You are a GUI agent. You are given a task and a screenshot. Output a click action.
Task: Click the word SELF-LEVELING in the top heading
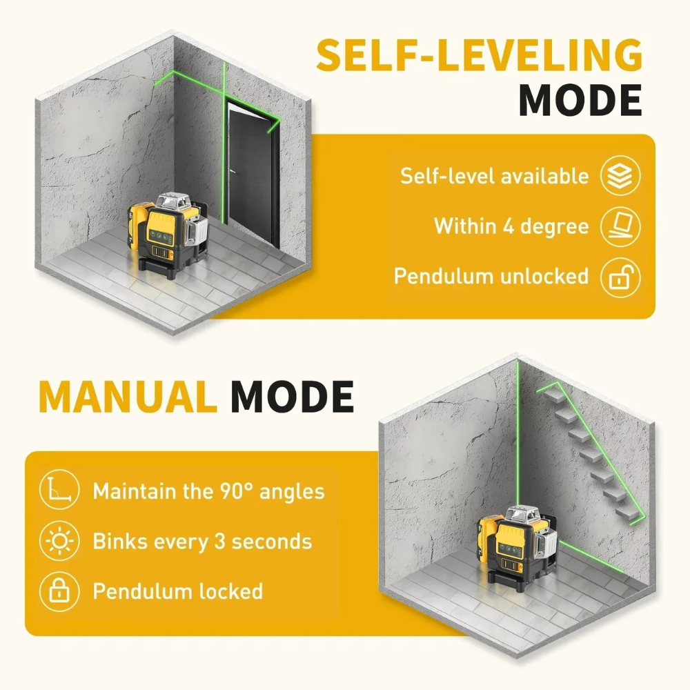tap(480, 55)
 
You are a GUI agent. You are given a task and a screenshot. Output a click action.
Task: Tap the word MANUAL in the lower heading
tap(127, 396)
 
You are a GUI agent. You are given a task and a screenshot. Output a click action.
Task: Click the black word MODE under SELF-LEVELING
tap(580, 99)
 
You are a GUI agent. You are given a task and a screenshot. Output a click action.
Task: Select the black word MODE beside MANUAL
tap(293, 396)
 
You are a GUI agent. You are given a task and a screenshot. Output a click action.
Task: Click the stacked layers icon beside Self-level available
tap(620, 175)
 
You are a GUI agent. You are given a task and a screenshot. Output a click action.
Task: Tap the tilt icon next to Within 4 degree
tap(620, 226)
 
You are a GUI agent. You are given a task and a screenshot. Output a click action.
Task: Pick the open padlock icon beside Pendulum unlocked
tap(620, 277)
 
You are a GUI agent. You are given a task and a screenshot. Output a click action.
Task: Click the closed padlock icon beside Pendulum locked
tap(59, 591)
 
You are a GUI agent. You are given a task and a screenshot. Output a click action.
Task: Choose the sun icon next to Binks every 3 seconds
tap(59, 541)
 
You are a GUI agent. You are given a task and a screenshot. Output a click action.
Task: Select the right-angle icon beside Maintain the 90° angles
tap(59, 490)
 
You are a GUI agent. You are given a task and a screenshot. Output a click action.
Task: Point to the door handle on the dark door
tap(233, 172)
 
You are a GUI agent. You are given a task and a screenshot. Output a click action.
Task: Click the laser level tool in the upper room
tap(168, 234)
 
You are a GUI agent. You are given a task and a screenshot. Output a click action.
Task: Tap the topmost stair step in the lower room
tap(553, 394)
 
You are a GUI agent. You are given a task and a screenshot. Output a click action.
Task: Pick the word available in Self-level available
tap(545, 175)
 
